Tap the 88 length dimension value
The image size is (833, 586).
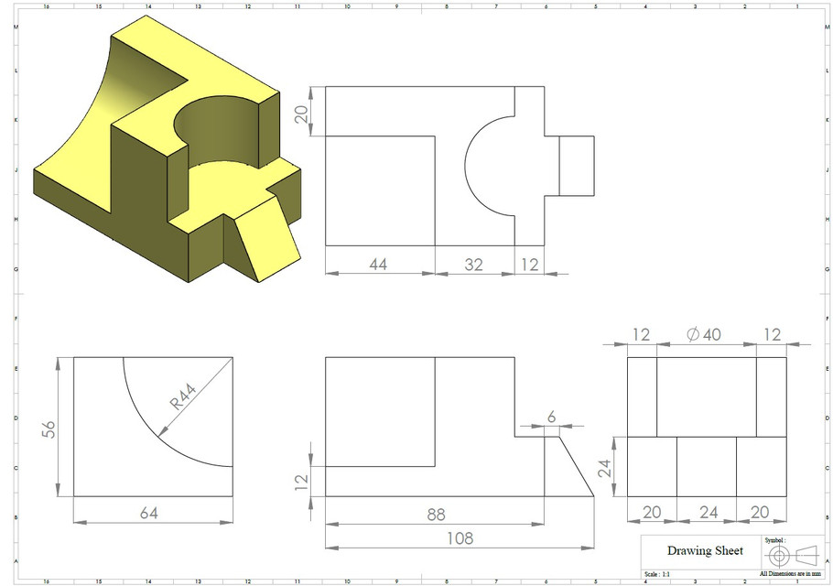pos(436,515)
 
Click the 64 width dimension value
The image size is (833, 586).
pos(149,513)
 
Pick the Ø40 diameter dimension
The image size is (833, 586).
pos(704,334)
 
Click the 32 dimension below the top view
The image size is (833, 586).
pos(473,265)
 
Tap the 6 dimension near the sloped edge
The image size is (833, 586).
pos(551,416)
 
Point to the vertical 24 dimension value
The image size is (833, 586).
pos(604,468)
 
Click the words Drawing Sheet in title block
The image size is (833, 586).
pos(705,550)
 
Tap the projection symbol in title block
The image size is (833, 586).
pos(791,555)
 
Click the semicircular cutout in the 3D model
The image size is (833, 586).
pos(220,137)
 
